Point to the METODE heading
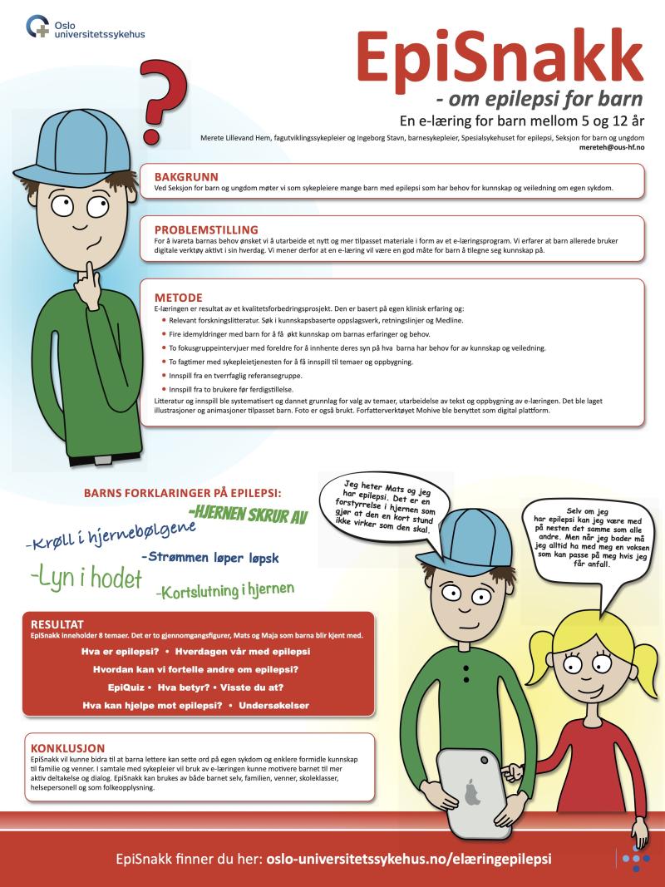coord(179,297)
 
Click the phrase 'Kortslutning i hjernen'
coord(224,590)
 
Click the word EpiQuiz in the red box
coord(125,688)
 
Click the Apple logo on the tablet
coord(472,791)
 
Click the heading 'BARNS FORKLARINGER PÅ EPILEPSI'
coord(188,492)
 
